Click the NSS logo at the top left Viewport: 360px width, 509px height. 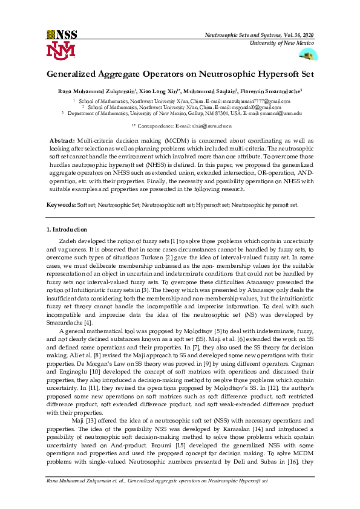(x=62, y=34)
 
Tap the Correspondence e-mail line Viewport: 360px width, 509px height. (x=182, y=126)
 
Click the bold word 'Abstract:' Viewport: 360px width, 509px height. (x=62, y=140)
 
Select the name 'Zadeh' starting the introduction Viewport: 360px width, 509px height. (x=68, y=241)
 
